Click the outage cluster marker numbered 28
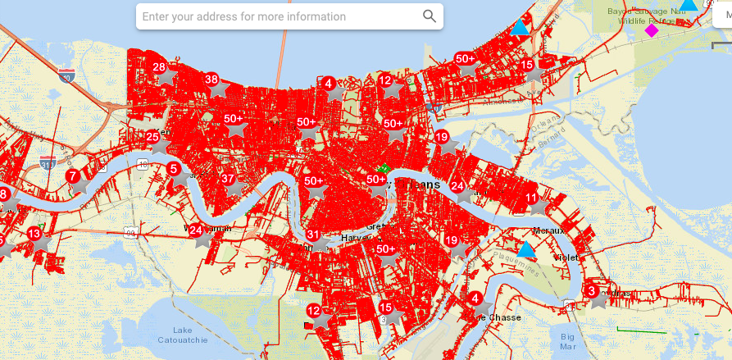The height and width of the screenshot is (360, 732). click(159, 68)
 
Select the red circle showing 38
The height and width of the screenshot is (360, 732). click(211, 80)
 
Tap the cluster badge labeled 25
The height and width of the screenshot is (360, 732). click(152, 137)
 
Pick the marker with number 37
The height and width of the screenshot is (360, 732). click(228, 179)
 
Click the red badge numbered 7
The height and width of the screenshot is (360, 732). click(73, 175)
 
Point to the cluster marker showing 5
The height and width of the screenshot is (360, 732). click(173, 168)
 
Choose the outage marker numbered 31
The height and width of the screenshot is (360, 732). click(313, 235)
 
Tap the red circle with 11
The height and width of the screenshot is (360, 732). click(532, 198)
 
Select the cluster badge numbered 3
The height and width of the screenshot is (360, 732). click(591, 291)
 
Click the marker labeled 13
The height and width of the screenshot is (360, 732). click(34, 234)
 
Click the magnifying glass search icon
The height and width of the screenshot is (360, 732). click(430, 16)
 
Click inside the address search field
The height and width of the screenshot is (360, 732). click(279, 16)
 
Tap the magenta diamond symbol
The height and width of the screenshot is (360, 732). click(651, 30)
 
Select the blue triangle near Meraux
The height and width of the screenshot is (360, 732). click(525, 249)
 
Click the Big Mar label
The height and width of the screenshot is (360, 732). click(568, 340)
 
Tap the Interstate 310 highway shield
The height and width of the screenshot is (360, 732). click(48, 163)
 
